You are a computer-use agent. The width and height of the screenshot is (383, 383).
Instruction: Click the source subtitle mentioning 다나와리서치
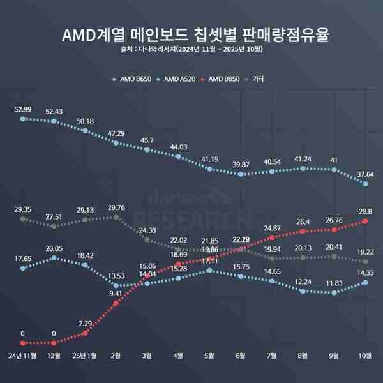click(191, 49)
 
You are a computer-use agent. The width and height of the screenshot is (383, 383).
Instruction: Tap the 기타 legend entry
click(257, 79)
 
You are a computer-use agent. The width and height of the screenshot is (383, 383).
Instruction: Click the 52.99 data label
click(23, 109)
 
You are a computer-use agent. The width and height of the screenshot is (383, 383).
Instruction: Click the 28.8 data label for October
click(366, 211)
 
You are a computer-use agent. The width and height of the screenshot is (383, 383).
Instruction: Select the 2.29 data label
click(85, 323)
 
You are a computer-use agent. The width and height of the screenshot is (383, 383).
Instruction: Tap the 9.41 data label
click(116, 294)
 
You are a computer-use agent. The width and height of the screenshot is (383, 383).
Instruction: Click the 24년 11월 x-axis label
click(23, 354)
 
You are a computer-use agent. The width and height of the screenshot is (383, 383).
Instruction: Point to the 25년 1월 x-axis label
click(85, 354)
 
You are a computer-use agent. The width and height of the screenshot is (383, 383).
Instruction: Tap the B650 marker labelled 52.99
click(23, 119)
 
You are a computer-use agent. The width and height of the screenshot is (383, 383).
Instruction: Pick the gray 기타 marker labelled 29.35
click(23, 219)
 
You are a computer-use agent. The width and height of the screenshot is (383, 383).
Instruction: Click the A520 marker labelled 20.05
click(54, 258)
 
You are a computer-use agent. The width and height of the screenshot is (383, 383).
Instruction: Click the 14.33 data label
click(366, 273)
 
